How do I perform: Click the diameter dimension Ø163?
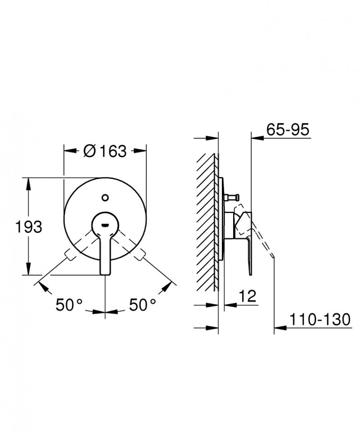105,151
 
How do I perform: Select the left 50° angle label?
69,305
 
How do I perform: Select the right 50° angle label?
143,305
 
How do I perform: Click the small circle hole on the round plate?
105,197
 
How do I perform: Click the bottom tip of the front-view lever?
105,271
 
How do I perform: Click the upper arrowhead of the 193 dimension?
29,181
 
